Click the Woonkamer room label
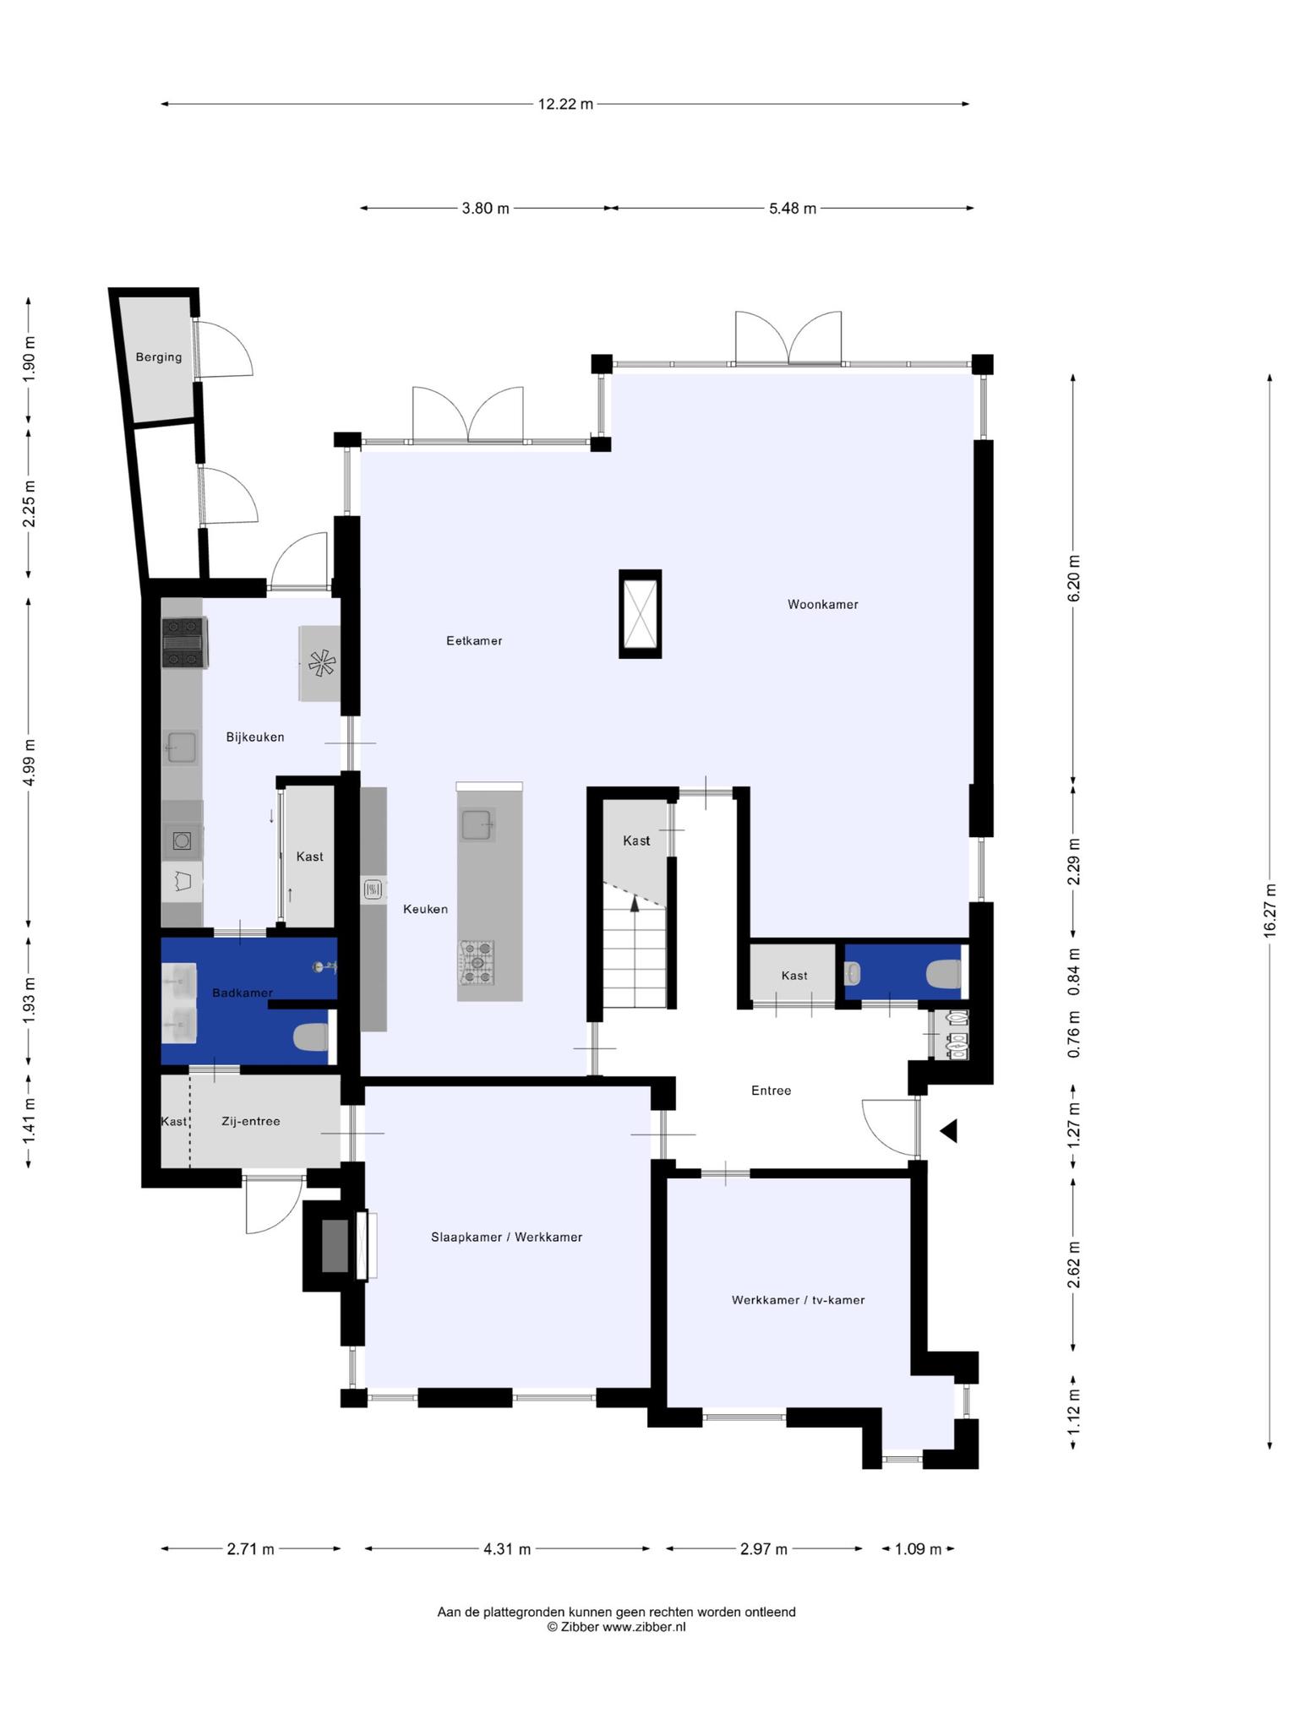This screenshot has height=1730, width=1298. coord(822,604)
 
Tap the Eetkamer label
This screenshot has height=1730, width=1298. coord(474,640)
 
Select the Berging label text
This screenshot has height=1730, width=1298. coord(159,356)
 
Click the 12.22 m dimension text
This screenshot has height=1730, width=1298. coord(565,104)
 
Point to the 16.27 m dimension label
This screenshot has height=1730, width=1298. coord(1270,909)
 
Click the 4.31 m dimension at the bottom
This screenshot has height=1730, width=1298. coord(507,1548)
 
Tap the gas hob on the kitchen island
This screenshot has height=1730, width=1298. coord(477,962)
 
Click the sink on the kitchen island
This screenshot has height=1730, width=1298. coord(477,824)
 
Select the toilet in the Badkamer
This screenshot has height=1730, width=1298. coord(310,1037)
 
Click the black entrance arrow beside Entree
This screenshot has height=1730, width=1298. coord(949,1130)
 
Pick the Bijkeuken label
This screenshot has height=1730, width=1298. coord(255,737)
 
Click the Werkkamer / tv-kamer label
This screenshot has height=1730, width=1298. coord(798,1299)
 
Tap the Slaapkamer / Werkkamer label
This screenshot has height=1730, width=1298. coord(506,1237)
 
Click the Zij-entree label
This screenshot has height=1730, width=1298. coord(250,1121)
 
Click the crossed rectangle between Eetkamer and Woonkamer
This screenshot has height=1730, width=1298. coord(640,613)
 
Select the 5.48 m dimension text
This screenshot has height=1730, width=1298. coord(793,208)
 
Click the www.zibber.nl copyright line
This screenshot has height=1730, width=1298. coord(616,1626)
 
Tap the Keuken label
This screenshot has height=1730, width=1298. coord(425,909)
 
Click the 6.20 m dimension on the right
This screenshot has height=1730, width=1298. coord(1074,579)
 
